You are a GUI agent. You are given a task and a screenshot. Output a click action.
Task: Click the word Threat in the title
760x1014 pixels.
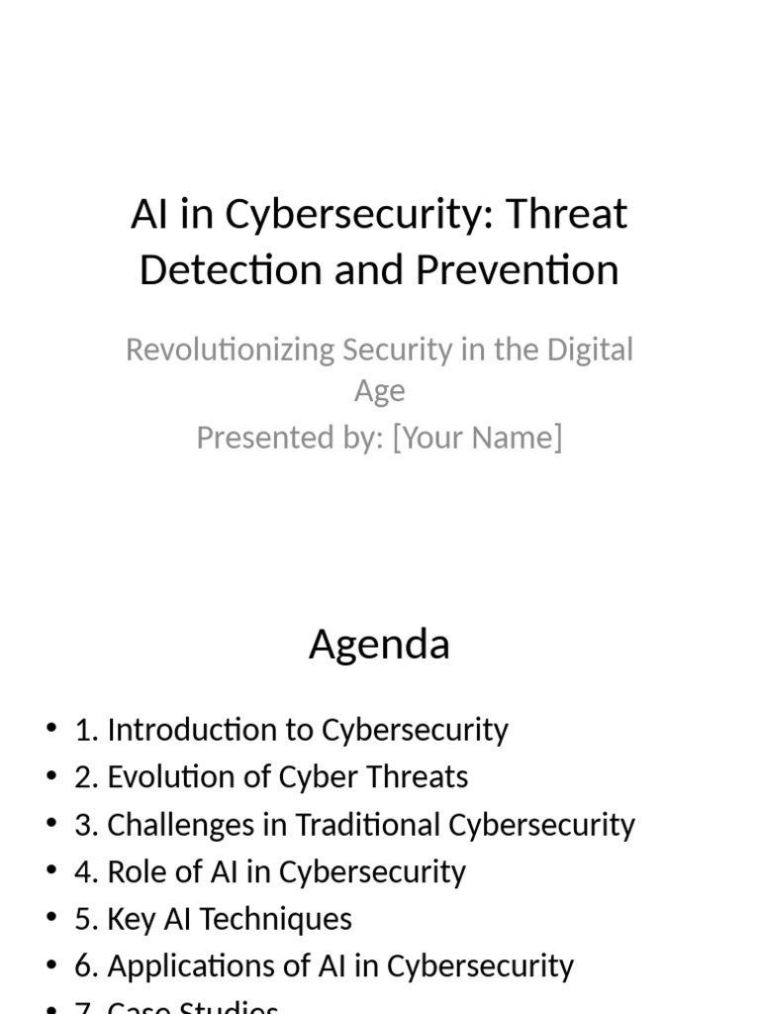click(x=566, y=214)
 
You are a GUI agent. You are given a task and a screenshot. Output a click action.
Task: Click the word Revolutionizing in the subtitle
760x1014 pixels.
click(x=230, y=350)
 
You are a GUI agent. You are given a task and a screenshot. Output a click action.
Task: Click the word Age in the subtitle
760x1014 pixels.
click(x=380, y=391)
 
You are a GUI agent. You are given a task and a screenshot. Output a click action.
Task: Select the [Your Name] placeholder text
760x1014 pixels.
click(x=477, y=437)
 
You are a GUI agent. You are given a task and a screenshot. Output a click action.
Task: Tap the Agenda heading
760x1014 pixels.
click(x=379, y=645)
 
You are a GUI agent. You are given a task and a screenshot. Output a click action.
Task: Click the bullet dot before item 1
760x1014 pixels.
click(x=51, y=730)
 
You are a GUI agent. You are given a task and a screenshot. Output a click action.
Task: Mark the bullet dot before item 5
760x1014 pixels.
click(x=51, y=918)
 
